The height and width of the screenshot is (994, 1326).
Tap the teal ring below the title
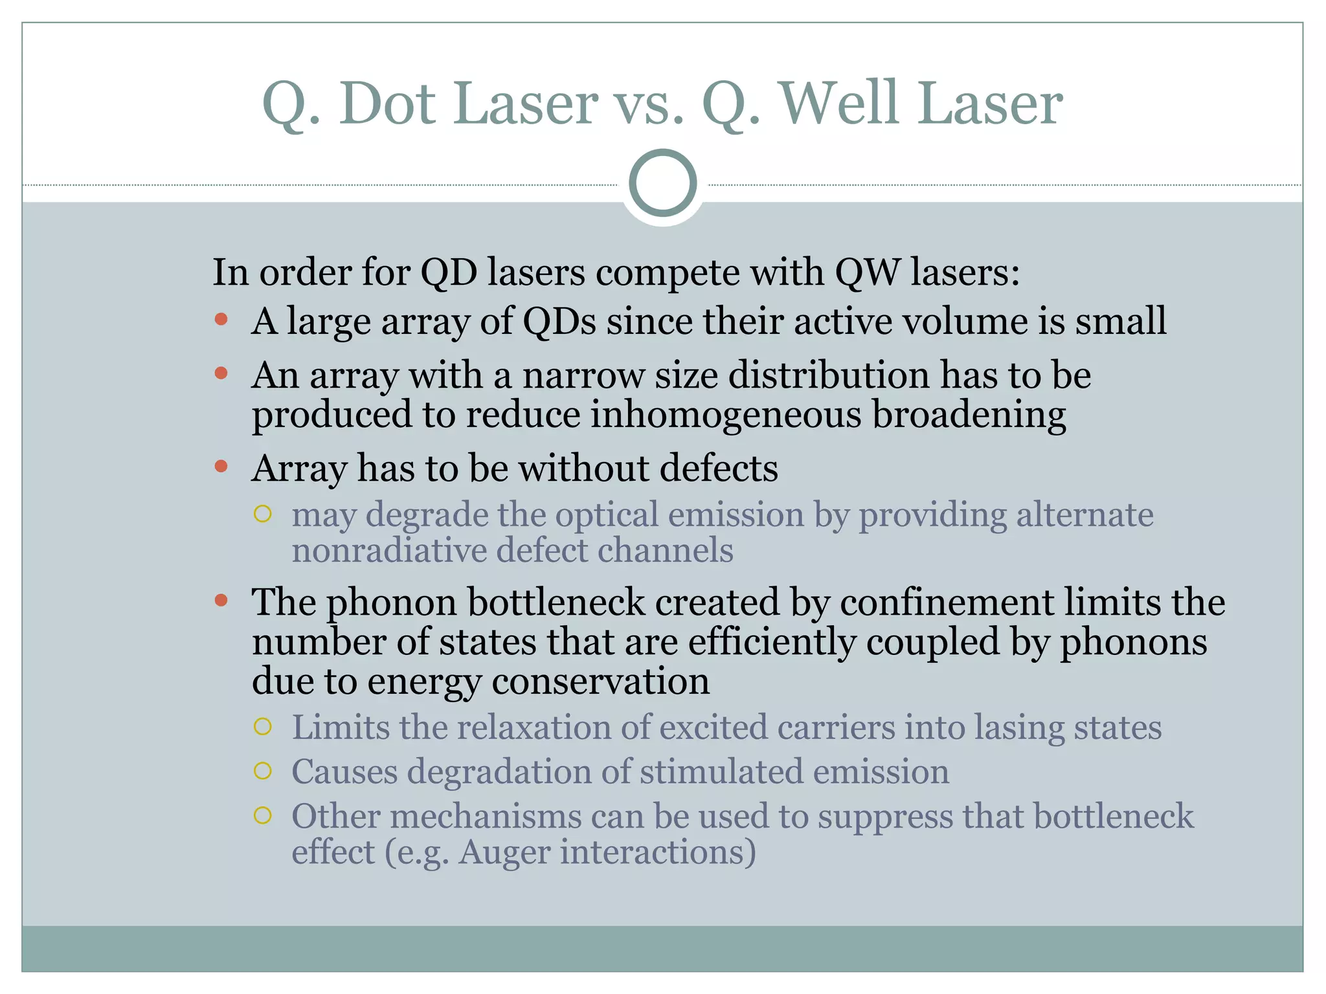point(662,183)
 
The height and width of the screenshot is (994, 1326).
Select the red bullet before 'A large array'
point(221,319)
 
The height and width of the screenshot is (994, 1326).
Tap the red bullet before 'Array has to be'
point(221,466)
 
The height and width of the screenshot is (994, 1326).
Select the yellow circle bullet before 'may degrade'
point(262,514)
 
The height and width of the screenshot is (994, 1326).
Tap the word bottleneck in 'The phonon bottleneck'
point(556,602)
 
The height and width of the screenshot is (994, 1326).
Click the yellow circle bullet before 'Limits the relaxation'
point(262,727)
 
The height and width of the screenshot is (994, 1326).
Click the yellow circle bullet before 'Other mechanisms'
point(262,815)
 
